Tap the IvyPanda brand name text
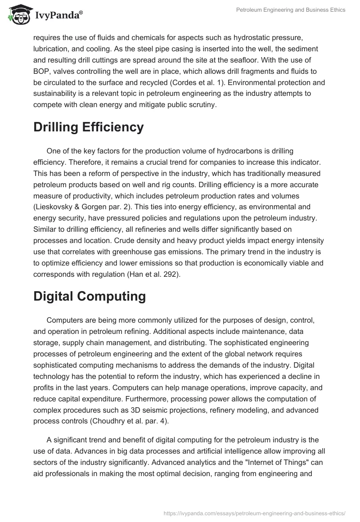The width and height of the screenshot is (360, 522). pyautogui.click(x=58, y=15)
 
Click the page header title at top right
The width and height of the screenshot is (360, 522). pyautogui.click(x=291, y=10)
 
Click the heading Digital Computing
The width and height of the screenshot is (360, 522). pyautogui.click(x=90, y=296)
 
